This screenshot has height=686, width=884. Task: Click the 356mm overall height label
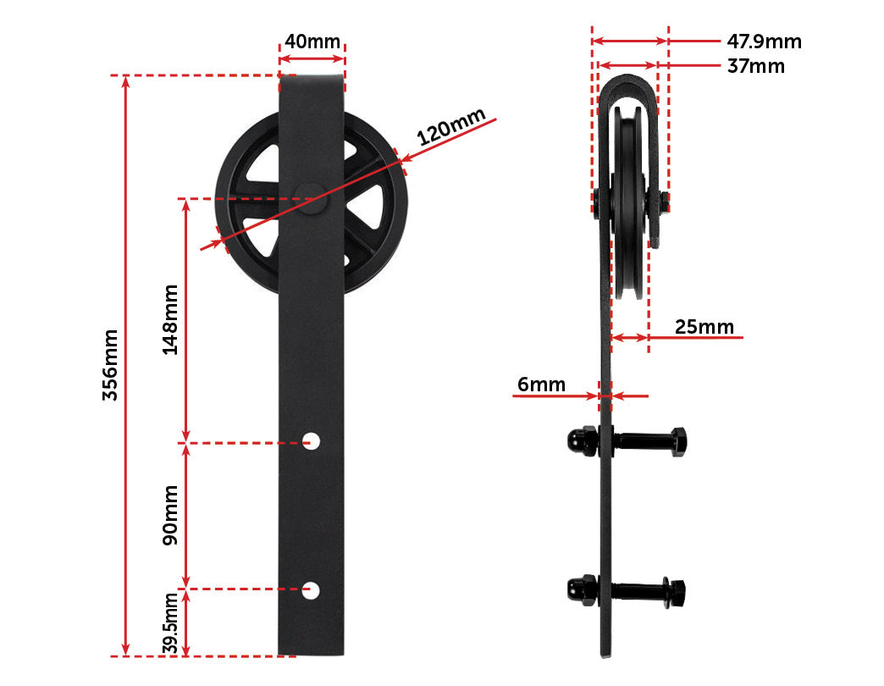click(110, 365)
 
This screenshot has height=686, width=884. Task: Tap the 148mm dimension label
click(170, 319)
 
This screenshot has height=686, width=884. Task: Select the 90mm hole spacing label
click(170, 515)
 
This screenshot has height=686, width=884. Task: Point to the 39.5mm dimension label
click(170, 623)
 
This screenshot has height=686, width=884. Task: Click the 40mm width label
click(312, 41)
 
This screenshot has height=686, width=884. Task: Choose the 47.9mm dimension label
click(764, 41)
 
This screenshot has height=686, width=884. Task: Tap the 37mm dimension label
click(755, 66)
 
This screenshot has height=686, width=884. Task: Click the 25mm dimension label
click(704, 327)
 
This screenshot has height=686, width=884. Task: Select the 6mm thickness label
click(541, 384)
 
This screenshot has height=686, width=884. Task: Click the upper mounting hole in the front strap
click(312, 440)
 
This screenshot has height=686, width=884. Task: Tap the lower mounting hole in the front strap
click(311, 589)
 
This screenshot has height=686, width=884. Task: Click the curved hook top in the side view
click(627, 85)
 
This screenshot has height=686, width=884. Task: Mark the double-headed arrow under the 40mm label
click(312, 58)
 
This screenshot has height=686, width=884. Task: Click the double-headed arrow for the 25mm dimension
click(630, 338)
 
